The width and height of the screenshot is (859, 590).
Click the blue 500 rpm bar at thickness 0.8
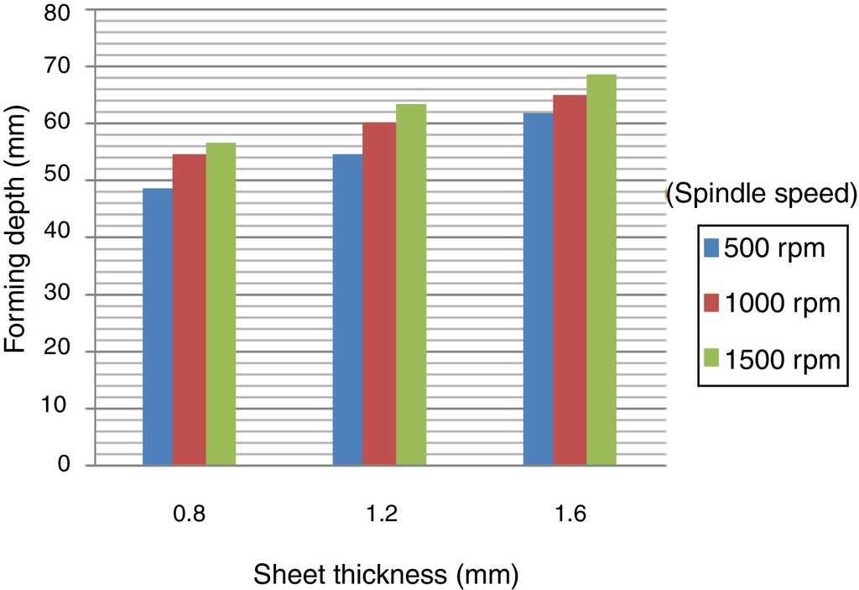pyautogui.click(x=158, y=326)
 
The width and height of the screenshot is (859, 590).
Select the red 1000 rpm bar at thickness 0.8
pyautogui.click(x=189, y=310)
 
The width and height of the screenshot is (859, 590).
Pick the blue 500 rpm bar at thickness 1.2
pyautogui.click(x=347, y=310)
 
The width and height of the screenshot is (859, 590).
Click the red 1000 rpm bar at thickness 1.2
pyautogui.click(x=379, y=294)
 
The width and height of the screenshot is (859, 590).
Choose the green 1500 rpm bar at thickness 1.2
pyautogui.click(x=411, y=285)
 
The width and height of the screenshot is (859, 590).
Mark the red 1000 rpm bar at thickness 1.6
pyautogui.click(x=570, y=280)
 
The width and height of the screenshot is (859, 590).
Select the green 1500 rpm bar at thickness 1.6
pyautogui.click(x=601, y=269)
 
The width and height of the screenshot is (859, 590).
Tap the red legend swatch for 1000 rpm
pyautogui.click(x=711, y=303)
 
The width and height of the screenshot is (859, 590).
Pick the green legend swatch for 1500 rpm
pyautogui.click(x=711, y=359)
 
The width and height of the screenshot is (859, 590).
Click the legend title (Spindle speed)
pyautogui.click(x=763, y=194)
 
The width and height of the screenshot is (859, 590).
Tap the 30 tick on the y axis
pyautogui.click(x=70, y=295)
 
